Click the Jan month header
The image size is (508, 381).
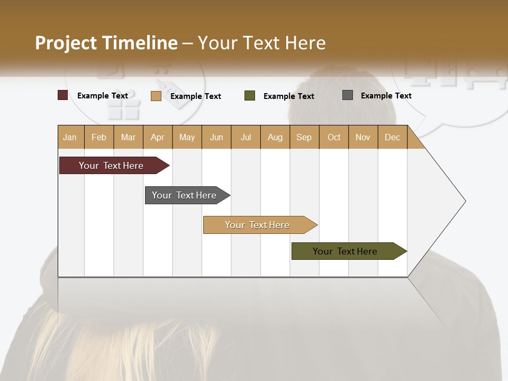pyautogui.click(x=70, y=137)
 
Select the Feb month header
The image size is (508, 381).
pyautogui.click(x=99, y=137)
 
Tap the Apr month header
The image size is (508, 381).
pyautogui.click(x=157, y=137)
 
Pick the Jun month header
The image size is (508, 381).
pyautogui.click(x=216, y=137)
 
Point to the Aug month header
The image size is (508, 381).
pyautogui.click(x=275, y=137)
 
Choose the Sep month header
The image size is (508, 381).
pyautogui.click(x=304, y=137)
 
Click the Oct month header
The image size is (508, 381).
pyautogui.click(x=334, y=137)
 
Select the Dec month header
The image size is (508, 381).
pyautogui.click(x=392, y=137)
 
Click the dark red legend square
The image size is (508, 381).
pyautogui.click(x=62, y=95)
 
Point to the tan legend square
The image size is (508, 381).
pyautogui.click(x=156, y=96)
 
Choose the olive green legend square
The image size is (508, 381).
pyautogui.click(x=250, y=96)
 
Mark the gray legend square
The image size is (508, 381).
pyautogui.click(x=348, y=95)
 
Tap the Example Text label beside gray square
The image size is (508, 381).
pyautogui.click(x=386, y=95)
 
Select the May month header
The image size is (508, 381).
pyautogui.click(x=187, y=137)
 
